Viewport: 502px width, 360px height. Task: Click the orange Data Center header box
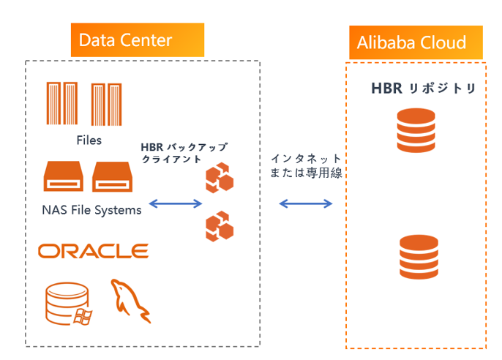coord(137,40)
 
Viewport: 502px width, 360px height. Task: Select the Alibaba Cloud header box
coord(415,42)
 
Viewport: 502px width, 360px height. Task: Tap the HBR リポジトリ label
coord(423,89)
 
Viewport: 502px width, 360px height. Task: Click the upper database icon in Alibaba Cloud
coord(415,129)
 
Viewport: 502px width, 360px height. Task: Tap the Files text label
coord(89,140)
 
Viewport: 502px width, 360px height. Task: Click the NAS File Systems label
coord(91,211)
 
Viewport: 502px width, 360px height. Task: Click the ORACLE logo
coord(94,251)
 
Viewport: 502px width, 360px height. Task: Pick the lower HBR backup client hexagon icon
coord(219,226)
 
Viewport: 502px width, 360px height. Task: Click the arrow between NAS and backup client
coord(175,203)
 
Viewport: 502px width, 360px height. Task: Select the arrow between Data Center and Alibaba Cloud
coord(305,203)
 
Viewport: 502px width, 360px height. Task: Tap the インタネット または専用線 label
coord(305,166)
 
